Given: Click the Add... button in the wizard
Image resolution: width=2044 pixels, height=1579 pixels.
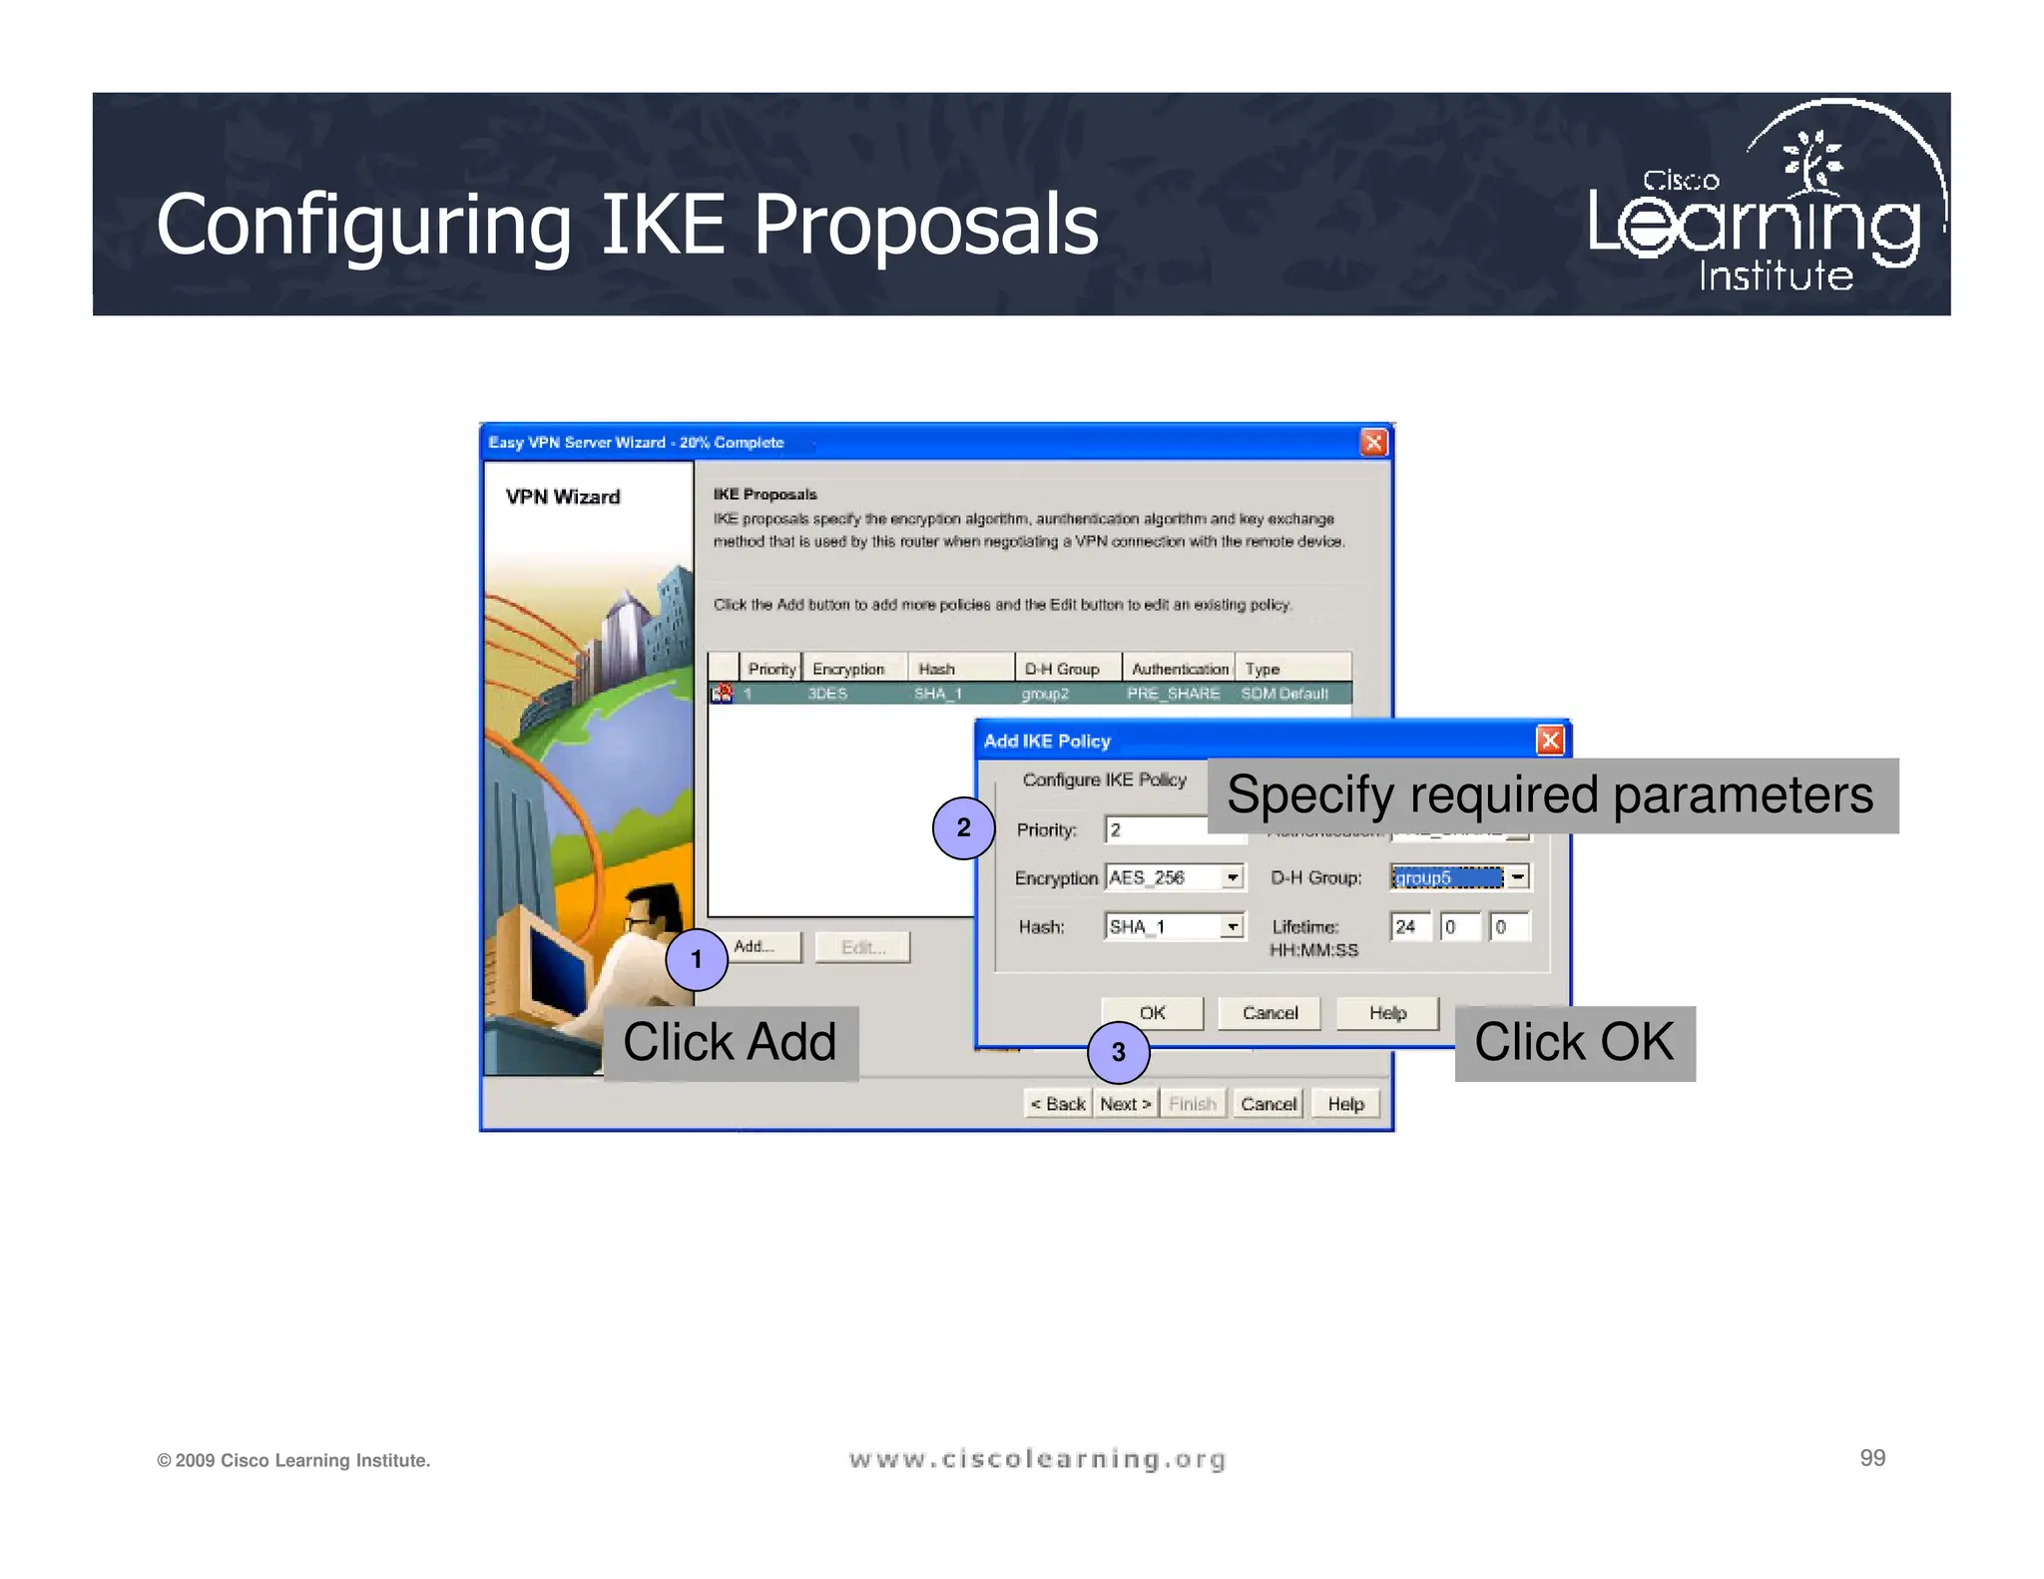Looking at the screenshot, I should tap(766, 946).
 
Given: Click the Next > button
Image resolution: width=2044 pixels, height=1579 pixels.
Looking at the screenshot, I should tap(1126, 1104).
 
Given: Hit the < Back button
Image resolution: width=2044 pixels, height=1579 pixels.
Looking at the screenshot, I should tap(1058, 1104).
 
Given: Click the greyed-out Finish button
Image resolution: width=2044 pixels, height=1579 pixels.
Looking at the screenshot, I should tap(1193, 1104).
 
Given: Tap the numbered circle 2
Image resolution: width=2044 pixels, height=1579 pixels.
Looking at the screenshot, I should tap(963, 827).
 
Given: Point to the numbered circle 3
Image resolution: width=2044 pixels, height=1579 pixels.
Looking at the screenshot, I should tap(1118, 1052).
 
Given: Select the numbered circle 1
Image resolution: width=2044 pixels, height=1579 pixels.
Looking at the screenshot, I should tap(696, 959).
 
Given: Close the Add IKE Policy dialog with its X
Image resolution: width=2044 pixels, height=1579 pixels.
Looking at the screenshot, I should tap(1549, 741).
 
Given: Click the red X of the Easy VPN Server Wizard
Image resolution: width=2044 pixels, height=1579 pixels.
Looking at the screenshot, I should tap(1373, 442).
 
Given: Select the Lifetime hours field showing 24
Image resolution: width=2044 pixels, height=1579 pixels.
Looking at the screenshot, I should tap(1409, 926).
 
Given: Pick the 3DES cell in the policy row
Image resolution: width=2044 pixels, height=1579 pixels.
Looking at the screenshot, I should tap(827, 694).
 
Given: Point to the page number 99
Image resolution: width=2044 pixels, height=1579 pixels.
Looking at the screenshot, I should tap(1872, 1458).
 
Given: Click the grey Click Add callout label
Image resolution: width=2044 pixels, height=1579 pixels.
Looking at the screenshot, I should tap(730, 1043).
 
